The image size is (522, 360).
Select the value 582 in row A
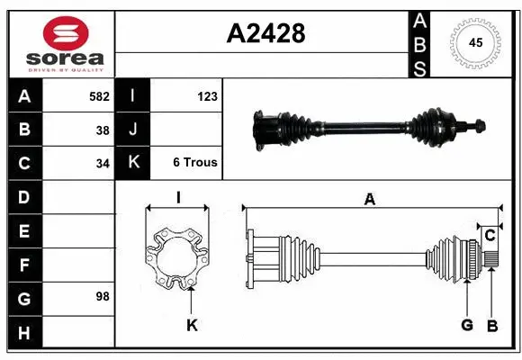click(x=99, y=96)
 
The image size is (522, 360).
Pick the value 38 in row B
click(x=103, y=130)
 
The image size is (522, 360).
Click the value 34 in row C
click(x=103, y=164)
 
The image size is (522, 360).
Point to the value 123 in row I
click(x=208, y=96)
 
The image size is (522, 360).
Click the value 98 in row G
click(x=103, y=296)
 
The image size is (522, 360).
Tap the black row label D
click(x=23, y=197)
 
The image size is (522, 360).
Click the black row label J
click(x=133, y=130)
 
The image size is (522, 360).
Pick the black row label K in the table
click(x=133, y=163)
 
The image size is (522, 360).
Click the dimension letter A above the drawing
click(x=369, y=200)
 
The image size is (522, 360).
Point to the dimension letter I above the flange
click(x=178, y=198)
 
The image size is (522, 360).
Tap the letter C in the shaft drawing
click(x=490, y=236)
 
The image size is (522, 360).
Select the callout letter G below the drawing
click(x=467, y=325)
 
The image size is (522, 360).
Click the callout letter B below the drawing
click(x=491, y=325)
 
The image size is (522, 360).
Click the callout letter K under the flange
click(x=191, y=325)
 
